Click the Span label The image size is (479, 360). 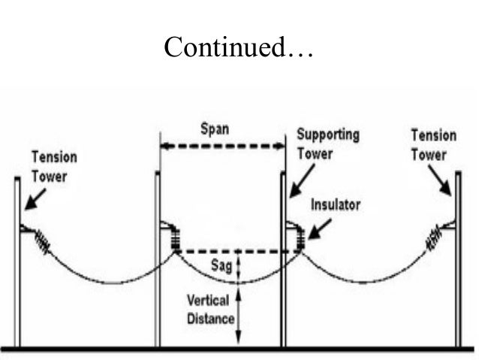point(215,129)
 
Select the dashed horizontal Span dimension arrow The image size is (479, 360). point(222,147)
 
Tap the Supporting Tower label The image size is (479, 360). point(327,144)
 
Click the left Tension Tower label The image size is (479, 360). point(53,165)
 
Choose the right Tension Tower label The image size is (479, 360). point(433,145)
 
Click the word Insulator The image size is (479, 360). point(338,204)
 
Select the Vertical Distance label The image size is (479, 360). point(211,309)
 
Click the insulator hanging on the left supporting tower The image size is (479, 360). point(174,239)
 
